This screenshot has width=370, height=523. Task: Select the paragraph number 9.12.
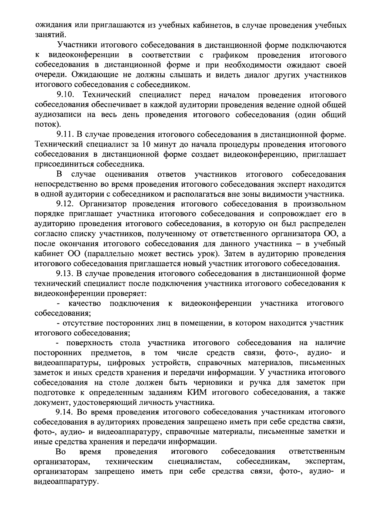pyautogui.click(x=66, y=204)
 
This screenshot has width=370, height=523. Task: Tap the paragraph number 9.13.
pyautogui.click(x=66, y=274)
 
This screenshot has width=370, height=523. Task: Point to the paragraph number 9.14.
pyautogui.click(x=66, y=412)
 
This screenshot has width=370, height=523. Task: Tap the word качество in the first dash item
pyautogui.click(x=84, y=304)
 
